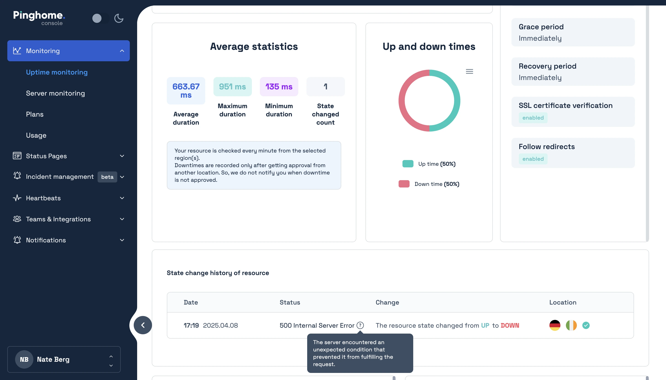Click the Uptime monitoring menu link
point(57,72)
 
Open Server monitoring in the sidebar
point(55,93)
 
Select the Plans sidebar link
point(35,114)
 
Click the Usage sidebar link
point(36,135)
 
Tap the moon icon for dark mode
point(119,18)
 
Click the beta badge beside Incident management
point(107,177)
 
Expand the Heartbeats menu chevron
point(122,198)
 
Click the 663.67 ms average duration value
point(186,91)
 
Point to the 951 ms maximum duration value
point(232,87)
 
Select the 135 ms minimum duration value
point(279,87)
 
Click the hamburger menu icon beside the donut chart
point(469,72)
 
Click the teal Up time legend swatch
point(408,164)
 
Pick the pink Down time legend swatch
point(404,184)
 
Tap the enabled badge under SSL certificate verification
point(533,118)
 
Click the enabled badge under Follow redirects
point(533,159)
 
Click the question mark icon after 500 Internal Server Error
point(360,325)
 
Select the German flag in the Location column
point(555,325)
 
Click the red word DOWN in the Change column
point(510,325)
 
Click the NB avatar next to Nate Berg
point(24,359)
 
